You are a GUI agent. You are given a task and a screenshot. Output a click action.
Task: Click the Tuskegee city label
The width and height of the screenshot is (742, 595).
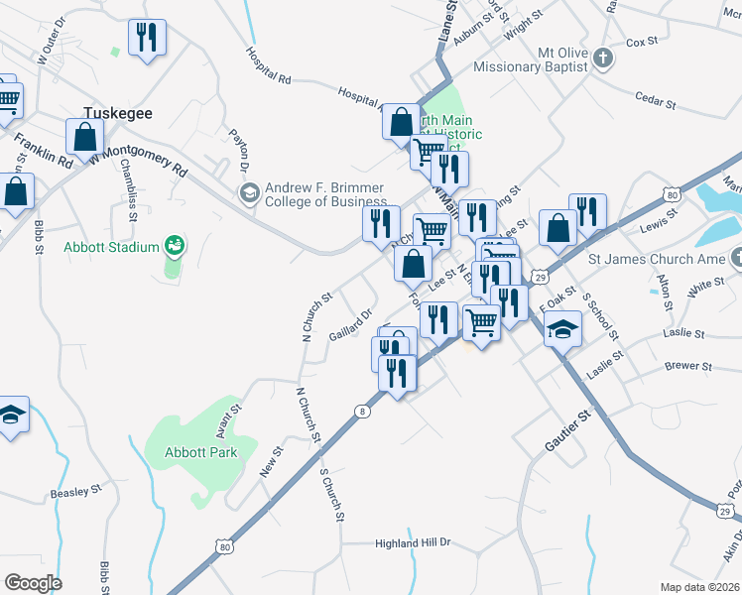pos(117,113)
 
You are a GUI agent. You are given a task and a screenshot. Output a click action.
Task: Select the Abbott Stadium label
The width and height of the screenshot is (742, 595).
pos(112,247)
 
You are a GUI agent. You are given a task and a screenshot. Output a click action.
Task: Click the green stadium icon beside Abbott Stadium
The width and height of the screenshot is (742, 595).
pos(175,244)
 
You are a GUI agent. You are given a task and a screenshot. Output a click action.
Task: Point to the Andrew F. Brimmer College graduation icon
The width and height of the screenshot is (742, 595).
pos(247,190)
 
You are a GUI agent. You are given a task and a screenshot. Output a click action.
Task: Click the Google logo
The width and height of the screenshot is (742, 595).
pos(33,582)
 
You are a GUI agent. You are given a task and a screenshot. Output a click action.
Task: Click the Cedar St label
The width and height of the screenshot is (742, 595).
pos(654,101)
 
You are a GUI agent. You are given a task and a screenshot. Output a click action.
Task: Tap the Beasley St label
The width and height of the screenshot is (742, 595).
pos(76,492)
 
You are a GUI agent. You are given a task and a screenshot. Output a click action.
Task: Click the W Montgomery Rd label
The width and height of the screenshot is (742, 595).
pos(138,158)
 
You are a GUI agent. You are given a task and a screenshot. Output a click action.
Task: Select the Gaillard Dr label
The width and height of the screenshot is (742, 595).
pos(350,326)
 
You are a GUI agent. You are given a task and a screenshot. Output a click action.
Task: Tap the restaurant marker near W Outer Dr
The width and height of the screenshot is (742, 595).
pos(148,39)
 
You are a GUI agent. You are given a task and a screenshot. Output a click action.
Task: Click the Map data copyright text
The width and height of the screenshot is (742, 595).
pos(699,586)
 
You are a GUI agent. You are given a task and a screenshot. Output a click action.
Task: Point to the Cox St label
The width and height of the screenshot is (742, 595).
pos(643,43)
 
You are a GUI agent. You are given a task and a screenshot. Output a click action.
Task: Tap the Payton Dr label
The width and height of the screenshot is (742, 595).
pos(239,149)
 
